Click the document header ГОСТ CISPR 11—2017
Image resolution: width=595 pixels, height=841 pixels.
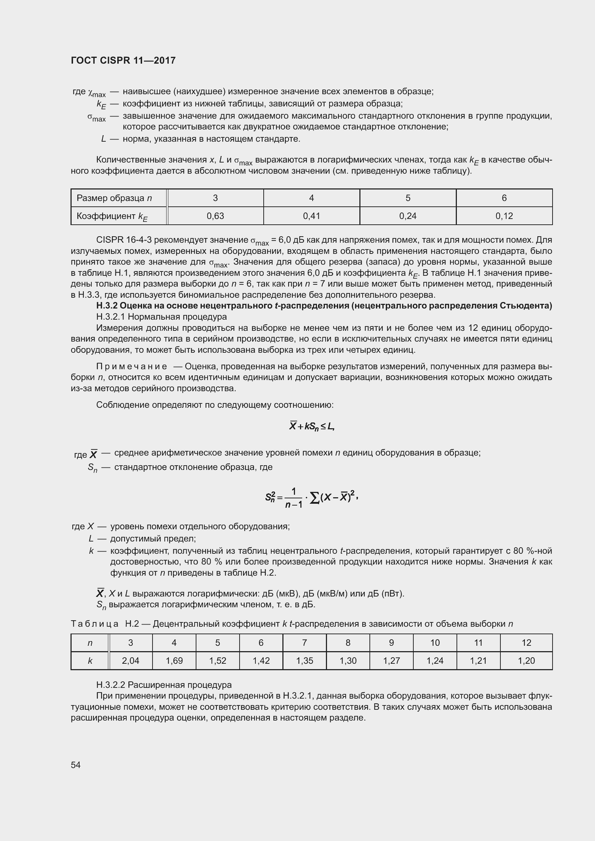pyautogui.click(x=123, y=60)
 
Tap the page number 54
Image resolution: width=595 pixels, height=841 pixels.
pyautogui.click(x=76, y=765)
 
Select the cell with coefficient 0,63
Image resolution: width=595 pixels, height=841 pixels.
pyautogui.click(x=215, y=216)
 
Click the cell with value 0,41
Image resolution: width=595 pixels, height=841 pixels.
pyautogui.click(x=312, y=216)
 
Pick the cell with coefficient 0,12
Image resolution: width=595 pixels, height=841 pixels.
pyautogui.click(x=504, y=216)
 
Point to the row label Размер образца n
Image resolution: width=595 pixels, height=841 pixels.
pyautogui.click(x=114, y=198)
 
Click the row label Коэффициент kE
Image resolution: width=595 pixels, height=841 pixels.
pyautogui.click(x=112, y=216)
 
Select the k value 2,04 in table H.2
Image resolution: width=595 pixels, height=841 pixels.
pyautogui.click(x=131, y=661)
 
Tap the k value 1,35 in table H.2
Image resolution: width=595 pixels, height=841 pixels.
pyautogui.click(x=304, y=661)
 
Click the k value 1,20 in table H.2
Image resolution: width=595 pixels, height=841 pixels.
pyautogui.click(x=526, y=661)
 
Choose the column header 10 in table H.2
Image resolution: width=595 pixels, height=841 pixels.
pyautogui.click(x=435, y=643)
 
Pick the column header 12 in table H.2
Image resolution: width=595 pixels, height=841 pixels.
pyautogui.click(x=526, y=643)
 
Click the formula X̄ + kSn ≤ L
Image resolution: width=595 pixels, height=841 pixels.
pyautogui.click(x=312, y=426)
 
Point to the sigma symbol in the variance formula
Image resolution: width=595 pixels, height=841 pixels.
pyautogui.click(x=314, y=498)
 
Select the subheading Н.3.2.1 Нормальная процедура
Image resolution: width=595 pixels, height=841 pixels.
pyautogui.click(x=162, y=316)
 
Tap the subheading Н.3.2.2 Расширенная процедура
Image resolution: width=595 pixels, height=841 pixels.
pyautogui.click(x=164, y=685)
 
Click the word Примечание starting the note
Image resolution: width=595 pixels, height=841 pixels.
pyautogui.click(x=132, y=367)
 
